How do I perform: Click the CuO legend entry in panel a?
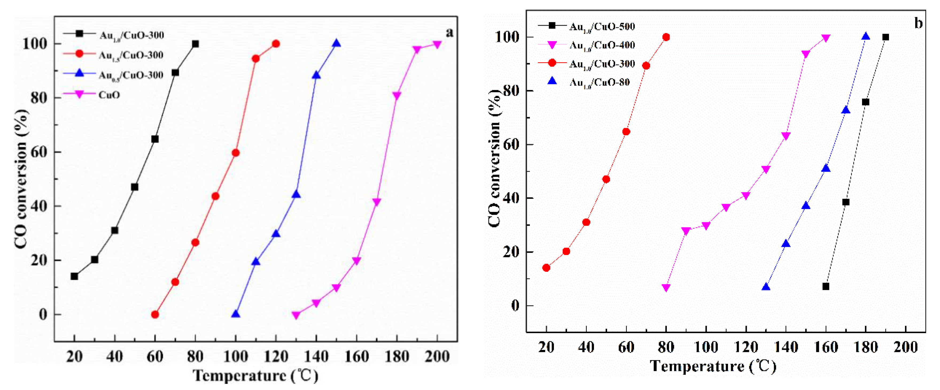109,95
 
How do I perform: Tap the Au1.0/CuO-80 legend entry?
600,82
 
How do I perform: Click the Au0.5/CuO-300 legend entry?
131,75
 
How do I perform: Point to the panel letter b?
918,23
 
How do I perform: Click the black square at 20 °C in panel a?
75,276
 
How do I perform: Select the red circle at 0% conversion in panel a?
155,314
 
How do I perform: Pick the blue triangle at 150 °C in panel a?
336,43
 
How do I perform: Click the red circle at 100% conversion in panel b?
666,37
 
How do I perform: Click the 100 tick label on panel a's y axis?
35,44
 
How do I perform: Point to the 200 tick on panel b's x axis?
905,347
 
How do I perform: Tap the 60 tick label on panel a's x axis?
155,356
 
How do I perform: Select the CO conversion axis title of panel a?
21,179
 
